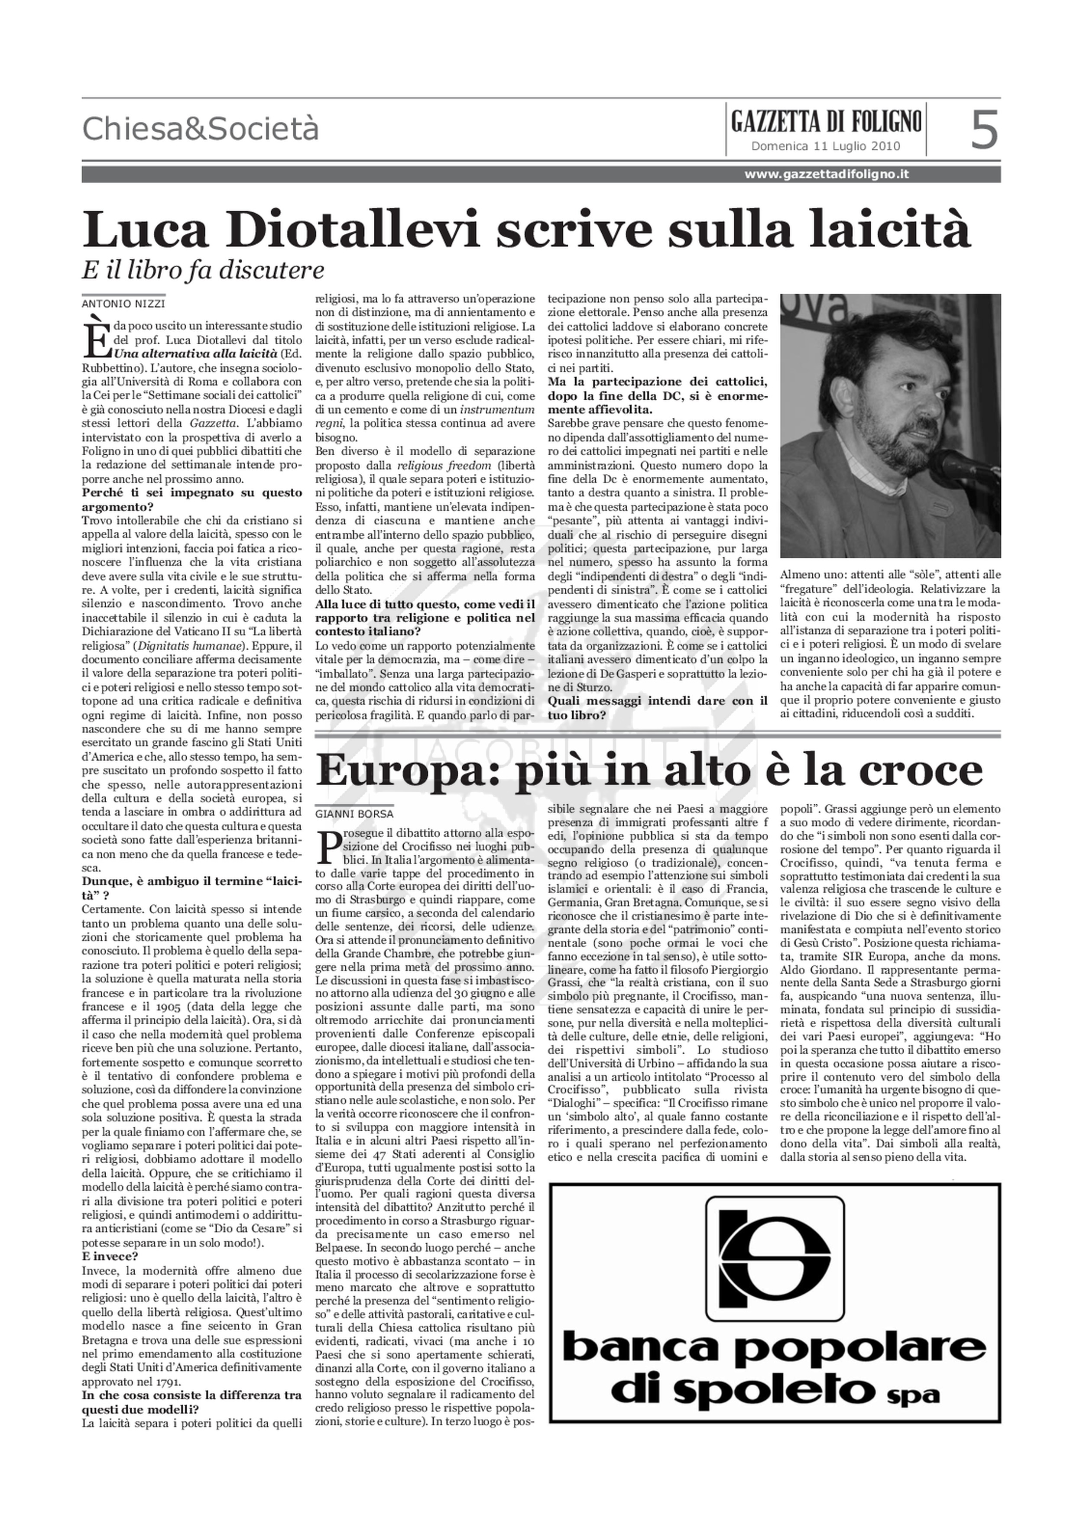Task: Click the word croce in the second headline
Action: [x=924, y=770]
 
